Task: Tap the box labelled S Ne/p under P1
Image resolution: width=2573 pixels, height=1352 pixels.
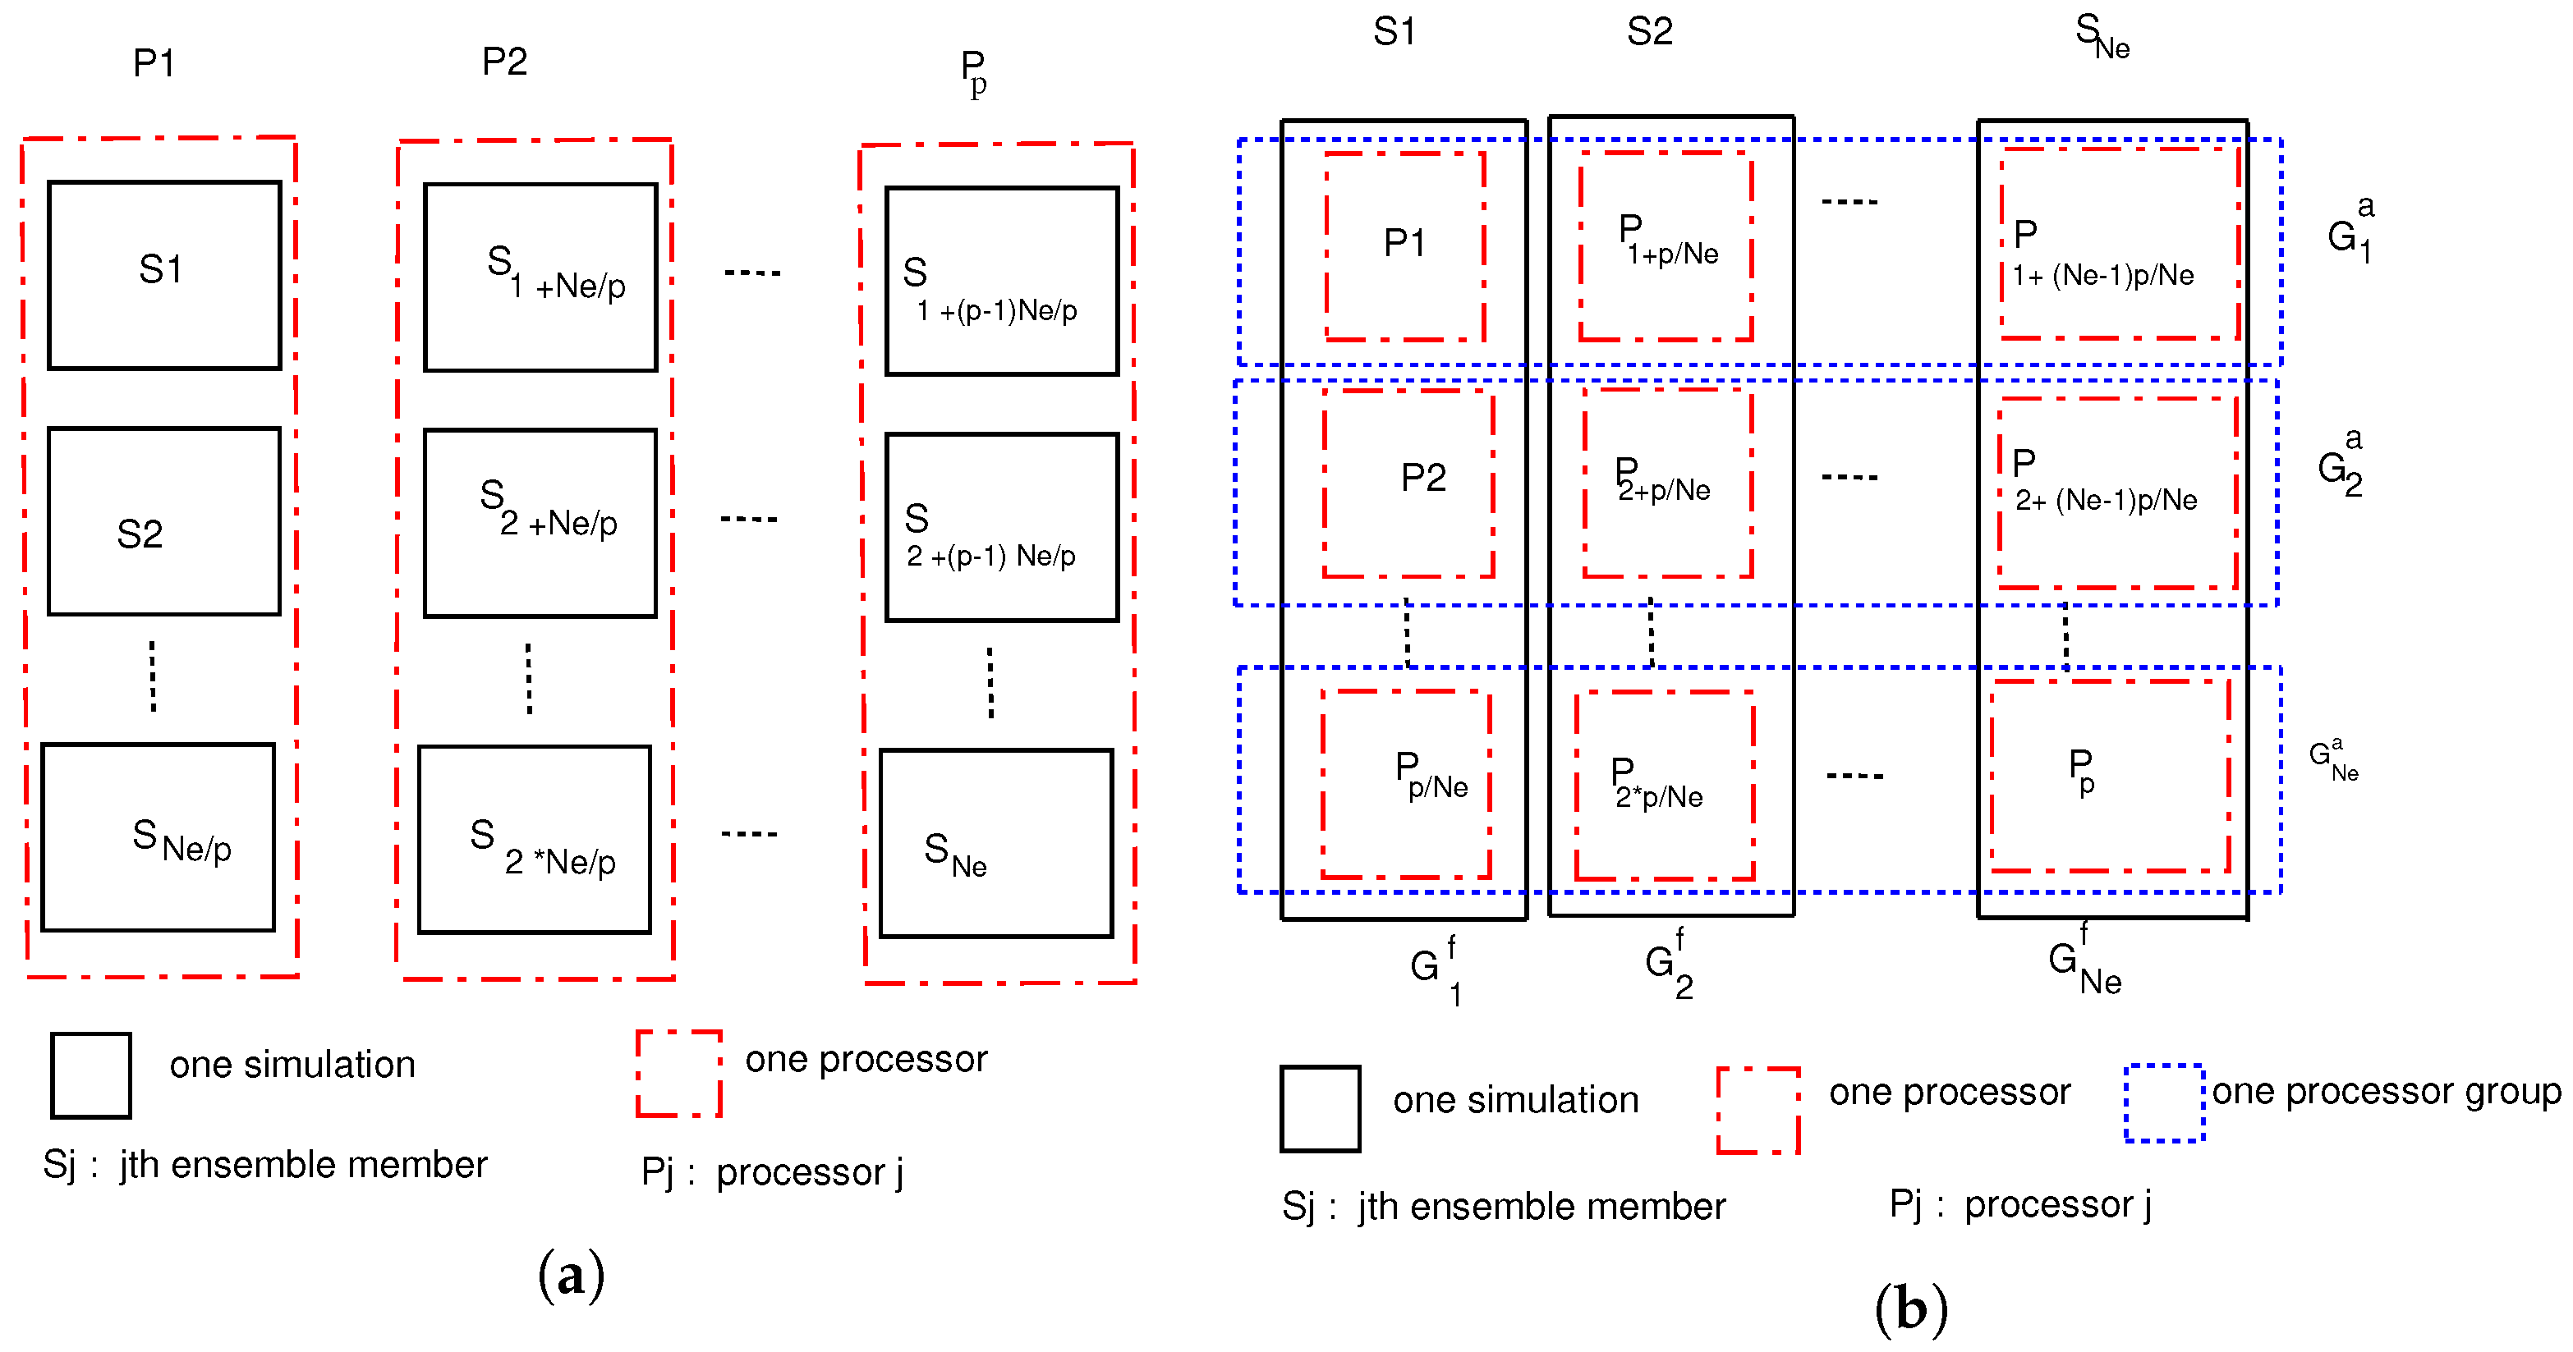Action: (x=158, y=836)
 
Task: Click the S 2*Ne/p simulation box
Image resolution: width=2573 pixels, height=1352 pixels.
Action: (x=535, y=840)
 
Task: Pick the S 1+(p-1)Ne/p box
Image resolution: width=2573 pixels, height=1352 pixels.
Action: (x=1001, y=281)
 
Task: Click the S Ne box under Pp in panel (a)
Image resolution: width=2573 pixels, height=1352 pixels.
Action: (x=996, y=844)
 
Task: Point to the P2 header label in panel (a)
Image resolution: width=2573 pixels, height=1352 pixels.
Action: (x=504, y=62)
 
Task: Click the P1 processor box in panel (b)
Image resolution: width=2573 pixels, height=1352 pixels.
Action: (x=1404, y=245)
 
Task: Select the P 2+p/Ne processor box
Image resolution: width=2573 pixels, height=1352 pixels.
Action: (x=1668, y=483)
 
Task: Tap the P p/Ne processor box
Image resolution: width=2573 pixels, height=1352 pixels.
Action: (x=1406, y=784)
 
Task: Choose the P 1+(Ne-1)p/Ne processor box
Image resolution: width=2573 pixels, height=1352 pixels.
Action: (x=2120, y=244)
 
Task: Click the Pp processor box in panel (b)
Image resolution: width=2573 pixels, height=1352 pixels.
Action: (x=2110, y=776)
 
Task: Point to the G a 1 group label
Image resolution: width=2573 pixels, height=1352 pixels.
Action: (x=2350, y=231)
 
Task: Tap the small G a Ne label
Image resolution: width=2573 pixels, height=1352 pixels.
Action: (x=2333, y=761)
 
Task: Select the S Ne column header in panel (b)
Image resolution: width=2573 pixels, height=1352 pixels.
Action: (x=2102, y=36)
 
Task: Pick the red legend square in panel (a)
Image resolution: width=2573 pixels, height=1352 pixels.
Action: (x=679, y=1074)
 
